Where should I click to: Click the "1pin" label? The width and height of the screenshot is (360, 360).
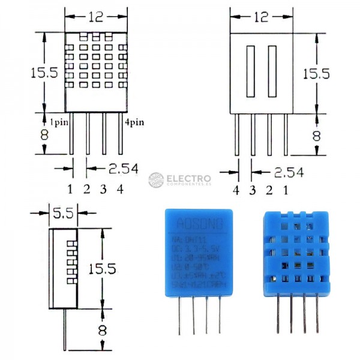[x=58, y=122]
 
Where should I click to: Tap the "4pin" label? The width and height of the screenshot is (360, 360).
[x=134, y=122]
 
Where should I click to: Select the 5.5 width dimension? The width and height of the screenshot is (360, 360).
[x=62, y=212]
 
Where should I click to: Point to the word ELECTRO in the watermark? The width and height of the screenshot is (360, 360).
[x=188, y=178]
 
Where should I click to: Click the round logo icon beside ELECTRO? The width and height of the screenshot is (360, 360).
[x=156, y=180]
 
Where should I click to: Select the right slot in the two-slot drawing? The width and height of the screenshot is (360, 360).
[x=272, y=71]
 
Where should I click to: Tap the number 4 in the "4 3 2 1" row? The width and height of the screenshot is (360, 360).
[x=236, y=190]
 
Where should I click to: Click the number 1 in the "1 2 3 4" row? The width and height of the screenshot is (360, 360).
[x=70, y=190]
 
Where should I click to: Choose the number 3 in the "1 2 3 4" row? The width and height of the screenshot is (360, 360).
[x=103, y=190]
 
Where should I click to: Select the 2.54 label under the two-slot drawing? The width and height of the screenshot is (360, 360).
[x=289, y=172]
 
